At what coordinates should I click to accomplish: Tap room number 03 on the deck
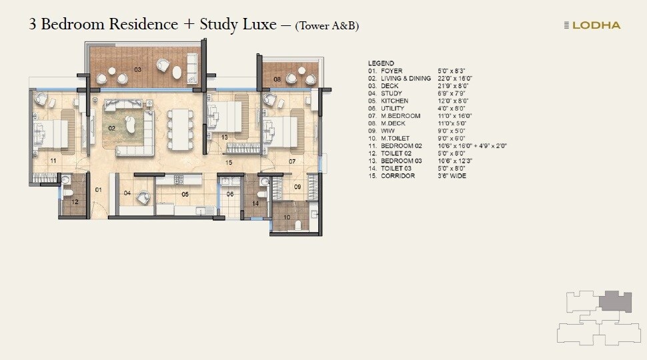(138, 69)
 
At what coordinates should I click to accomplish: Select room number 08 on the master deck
(277, 79)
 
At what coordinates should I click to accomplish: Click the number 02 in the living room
(112, 127)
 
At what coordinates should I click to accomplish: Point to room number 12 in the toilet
(75, 201)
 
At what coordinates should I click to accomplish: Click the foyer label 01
(97, 190)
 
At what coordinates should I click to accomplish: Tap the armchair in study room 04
(142, 197)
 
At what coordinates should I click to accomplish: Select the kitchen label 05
(185, 194)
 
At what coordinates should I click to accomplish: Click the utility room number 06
(229, 194)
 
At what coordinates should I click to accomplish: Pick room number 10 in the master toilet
(287, 217)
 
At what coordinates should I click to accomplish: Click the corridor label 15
(228, 162)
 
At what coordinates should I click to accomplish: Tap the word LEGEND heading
(381, 63)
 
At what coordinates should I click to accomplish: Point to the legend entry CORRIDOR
(398, 176)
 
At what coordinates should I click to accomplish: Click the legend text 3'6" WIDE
(452, 176)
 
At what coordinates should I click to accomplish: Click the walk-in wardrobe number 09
(297, 187)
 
